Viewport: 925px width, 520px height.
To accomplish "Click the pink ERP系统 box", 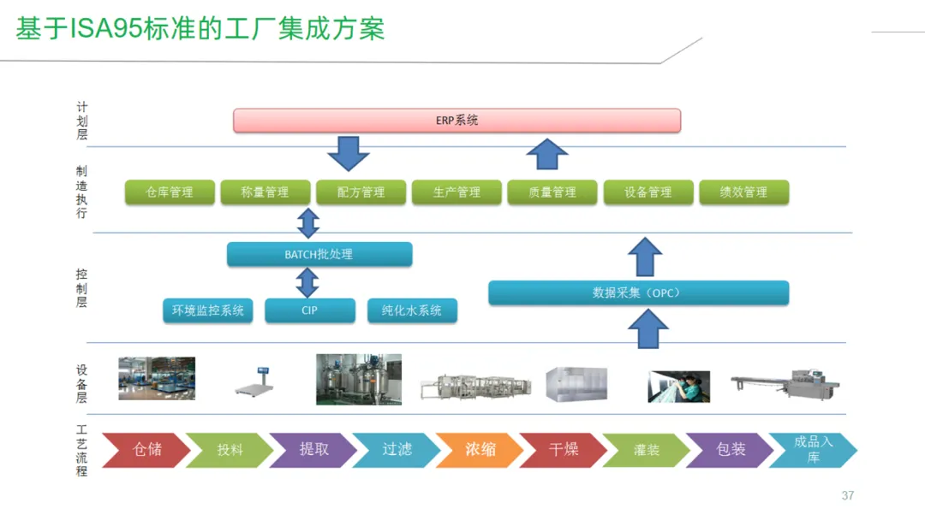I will tap(457, 121).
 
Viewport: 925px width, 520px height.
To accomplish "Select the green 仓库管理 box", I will tap(170, 192).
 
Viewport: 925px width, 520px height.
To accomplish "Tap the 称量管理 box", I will tap(266, 192).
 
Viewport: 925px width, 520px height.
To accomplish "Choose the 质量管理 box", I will tap(552, 192).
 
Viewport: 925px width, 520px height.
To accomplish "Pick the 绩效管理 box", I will tap(743, 192).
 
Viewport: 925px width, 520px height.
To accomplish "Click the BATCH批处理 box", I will tap(319, 254).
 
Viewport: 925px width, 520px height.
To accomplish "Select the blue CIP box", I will tap(309, 310).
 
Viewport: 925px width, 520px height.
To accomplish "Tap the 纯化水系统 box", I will tap(412, 310).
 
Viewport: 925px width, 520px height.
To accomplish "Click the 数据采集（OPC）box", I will tap(638, 292).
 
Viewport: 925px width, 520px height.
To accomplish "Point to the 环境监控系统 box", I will tap(208, 310).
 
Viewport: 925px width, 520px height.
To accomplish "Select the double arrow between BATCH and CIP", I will tap(307, 282).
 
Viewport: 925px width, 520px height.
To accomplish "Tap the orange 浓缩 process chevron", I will tap(480, 450).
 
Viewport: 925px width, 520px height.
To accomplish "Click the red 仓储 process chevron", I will tap(146, 450).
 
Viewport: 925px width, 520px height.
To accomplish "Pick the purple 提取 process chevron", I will tap(313, 450).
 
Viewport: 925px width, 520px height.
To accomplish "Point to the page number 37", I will tap(848, 496).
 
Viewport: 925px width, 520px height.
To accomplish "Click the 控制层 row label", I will tap(81, 288).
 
